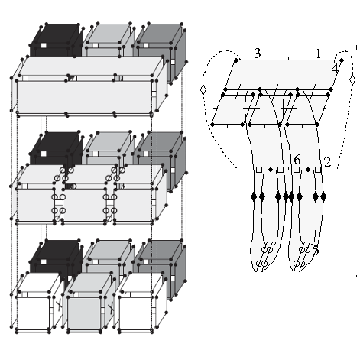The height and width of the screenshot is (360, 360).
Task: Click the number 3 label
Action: point(258,53)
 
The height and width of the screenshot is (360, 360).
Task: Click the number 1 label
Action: point(318,54)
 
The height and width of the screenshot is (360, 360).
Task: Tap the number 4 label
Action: point(336,69)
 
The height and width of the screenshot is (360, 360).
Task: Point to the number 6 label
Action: point(297,160)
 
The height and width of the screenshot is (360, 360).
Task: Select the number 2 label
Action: point(327,162)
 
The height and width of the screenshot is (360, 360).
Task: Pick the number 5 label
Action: point(316,250)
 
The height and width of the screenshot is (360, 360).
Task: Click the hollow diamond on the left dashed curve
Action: point(203,89)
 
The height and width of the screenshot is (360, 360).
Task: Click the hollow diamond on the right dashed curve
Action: point(352,79)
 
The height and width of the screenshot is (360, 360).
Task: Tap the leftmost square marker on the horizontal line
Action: point(259,170)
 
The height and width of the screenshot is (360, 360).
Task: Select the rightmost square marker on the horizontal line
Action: point(318,170)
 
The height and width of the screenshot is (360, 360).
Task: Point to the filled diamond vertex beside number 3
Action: point(236,60)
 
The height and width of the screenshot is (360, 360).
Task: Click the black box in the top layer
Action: point(57,41)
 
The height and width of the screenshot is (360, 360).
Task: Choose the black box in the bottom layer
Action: point(57,258)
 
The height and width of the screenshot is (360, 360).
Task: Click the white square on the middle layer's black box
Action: point(44,154)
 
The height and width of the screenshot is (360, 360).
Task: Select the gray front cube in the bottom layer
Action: point(86,303)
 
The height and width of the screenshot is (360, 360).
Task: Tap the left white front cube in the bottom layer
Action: point(36,303)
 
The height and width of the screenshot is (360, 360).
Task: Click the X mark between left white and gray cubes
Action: point(59,305)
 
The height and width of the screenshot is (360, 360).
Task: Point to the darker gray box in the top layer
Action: point(160,51)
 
